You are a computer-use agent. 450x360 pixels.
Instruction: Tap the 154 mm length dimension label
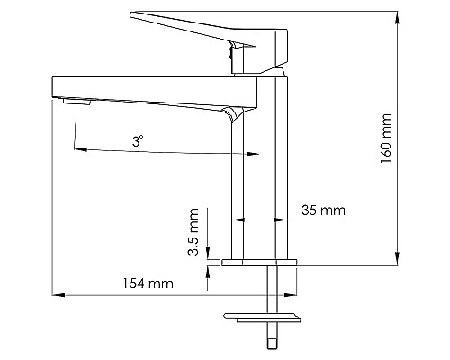[x=148, y=284]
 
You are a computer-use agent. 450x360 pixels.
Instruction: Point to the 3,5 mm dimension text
[x=193, y=235]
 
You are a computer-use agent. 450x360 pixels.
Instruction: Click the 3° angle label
[x=137, y=141]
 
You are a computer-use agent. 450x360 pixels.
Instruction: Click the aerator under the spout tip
[x=77, y=103]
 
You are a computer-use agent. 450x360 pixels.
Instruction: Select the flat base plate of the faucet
[x=259, y=262]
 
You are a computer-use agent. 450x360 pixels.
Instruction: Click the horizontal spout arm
[x=144, y=91]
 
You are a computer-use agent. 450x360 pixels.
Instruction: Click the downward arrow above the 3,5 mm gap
[x=206, y=253]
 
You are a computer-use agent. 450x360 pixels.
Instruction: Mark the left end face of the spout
[x=51, y=90]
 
